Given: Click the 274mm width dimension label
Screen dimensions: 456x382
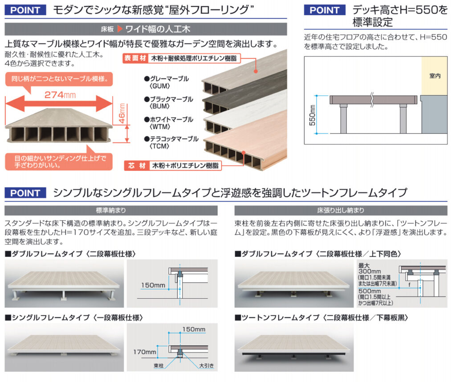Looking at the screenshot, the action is pos(60,95).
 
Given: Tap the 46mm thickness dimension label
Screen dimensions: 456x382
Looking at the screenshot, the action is pos(122,114).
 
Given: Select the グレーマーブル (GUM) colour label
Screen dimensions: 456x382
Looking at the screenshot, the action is pos(167,82).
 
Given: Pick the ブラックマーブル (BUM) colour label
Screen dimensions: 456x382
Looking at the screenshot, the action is pos(169,102).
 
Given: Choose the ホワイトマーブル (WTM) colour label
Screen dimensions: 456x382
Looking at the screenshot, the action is pos(169,123).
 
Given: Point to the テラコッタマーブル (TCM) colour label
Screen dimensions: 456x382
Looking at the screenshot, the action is pos(171,142).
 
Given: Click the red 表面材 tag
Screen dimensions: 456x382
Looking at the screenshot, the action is pos(135,58).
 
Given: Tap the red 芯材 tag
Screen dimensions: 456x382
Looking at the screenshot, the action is pos(137,166).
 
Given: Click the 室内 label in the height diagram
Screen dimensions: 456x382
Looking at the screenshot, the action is pos(435,76).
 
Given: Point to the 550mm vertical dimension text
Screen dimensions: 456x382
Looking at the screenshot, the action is pos(312,115).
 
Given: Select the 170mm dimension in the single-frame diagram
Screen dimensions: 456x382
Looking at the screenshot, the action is pos(145,352).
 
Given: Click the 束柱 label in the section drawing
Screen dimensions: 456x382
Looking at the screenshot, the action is pos(159,366).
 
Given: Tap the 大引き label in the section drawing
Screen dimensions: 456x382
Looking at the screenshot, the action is pos(207,366).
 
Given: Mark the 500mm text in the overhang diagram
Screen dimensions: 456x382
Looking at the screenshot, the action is pos(370,291).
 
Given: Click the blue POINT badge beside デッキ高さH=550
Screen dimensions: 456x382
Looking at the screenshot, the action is pos(325,10).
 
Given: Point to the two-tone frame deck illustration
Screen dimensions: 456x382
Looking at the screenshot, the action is pos(294,348).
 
